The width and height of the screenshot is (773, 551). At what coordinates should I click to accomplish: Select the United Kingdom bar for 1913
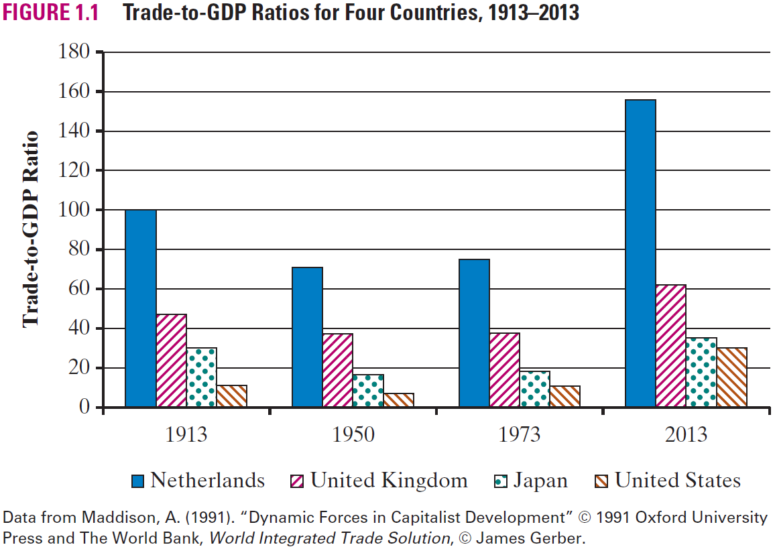coord(172,361)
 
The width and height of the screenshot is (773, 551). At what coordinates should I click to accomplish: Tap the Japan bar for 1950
coord(368,391)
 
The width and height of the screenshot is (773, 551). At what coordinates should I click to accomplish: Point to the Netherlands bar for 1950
coord(307,337)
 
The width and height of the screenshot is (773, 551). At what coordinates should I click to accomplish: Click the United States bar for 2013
coord(731,377)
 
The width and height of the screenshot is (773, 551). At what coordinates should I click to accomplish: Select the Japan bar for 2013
coord(701,373)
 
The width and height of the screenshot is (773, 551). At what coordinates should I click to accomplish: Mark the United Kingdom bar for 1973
coord(504,370)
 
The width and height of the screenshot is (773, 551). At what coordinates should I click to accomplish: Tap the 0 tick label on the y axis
coord(84,407)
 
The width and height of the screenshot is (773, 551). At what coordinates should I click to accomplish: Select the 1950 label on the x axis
coord(353,435)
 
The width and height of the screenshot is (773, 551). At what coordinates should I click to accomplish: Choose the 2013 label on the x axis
coord(687,435)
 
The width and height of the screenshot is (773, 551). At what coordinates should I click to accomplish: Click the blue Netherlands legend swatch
coord(138,481)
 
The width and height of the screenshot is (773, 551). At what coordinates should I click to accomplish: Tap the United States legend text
coord(677,481)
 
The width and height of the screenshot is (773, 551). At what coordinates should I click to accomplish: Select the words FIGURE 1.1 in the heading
coord(51,13)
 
